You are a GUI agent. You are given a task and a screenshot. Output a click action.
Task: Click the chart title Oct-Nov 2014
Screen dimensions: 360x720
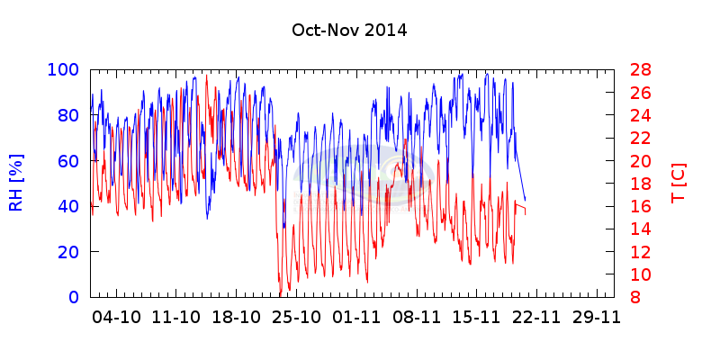tap(349, 30)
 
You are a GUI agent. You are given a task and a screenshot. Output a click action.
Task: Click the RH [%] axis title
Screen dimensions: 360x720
tap(16, 183)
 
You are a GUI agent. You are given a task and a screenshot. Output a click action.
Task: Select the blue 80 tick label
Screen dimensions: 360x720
tap(68, 115)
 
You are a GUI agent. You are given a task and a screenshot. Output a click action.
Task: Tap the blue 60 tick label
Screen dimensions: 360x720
tap(68, 160)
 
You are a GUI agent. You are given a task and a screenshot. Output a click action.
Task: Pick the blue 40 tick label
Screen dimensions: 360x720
tap(68, 206)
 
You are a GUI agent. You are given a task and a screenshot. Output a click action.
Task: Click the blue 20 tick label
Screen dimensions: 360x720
tap(68, 251)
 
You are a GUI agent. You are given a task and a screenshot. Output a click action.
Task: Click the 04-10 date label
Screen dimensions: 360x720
tap(117, 317)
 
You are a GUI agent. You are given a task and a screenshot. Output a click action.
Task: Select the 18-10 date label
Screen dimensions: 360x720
tap(237, 317)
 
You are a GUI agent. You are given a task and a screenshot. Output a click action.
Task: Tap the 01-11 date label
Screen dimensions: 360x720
tap(357, 317)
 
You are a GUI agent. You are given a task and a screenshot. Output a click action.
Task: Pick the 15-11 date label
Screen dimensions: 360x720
tap(477, 317)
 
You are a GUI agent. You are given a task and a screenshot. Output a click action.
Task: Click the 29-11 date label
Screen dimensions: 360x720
tap(597, 317)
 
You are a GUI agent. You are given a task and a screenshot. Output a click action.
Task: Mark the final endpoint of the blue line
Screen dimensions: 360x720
tap(526, 200)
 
